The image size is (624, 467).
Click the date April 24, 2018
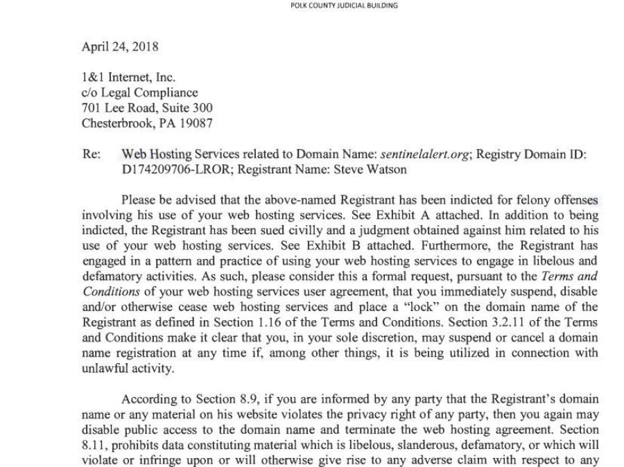tap(120, 47)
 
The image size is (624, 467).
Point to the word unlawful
tap(104, 368)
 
